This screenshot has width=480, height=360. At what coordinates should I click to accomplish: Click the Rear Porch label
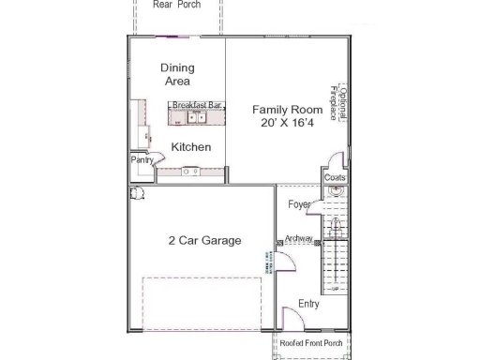point(175,5)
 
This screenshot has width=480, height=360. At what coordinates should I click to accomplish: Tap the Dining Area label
point(176,74)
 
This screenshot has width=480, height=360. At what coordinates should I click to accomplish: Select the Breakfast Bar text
point(197,105)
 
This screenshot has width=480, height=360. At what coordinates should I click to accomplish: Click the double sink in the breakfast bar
point(197,118)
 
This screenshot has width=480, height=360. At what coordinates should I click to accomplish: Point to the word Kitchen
point(190,147)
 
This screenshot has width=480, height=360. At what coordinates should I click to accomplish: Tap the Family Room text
point(287,110)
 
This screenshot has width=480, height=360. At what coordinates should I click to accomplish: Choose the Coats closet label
point(335,177)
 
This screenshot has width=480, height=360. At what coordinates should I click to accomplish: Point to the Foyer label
point(300,203)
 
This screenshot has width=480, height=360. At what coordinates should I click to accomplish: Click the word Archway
point(299,239)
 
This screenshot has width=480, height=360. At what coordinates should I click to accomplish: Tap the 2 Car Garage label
point(204,241)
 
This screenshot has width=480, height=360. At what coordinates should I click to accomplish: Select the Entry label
point(308,304)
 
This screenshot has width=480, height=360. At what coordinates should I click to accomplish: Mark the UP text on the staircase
point(335,262)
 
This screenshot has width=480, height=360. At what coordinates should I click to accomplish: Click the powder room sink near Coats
point(337,193)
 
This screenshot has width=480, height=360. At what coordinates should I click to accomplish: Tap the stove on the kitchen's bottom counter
point(190,172)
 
